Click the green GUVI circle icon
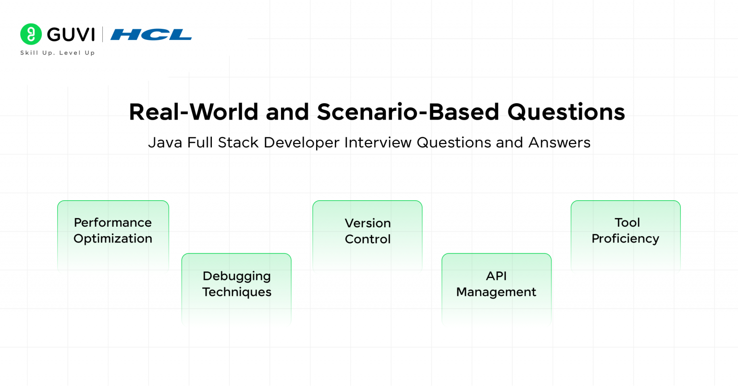pos(31,34)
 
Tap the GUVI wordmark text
pos(71,35)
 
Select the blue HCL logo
pos(151,35)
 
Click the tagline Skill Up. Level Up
pos(58,53)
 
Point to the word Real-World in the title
pos(194,112)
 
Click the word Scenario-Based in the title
pos(408,112)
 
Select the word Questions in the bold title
pos(566,112)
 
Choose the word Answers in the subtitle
pos(559,143)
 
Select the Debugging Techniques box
pos(236,288)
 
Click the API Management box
pos(496,288)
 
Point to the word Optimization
pos(113,239)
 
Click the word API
pos(496,276)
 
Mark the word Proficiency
pos(625,239)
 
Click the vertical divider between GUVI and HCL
pos(102,35)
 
